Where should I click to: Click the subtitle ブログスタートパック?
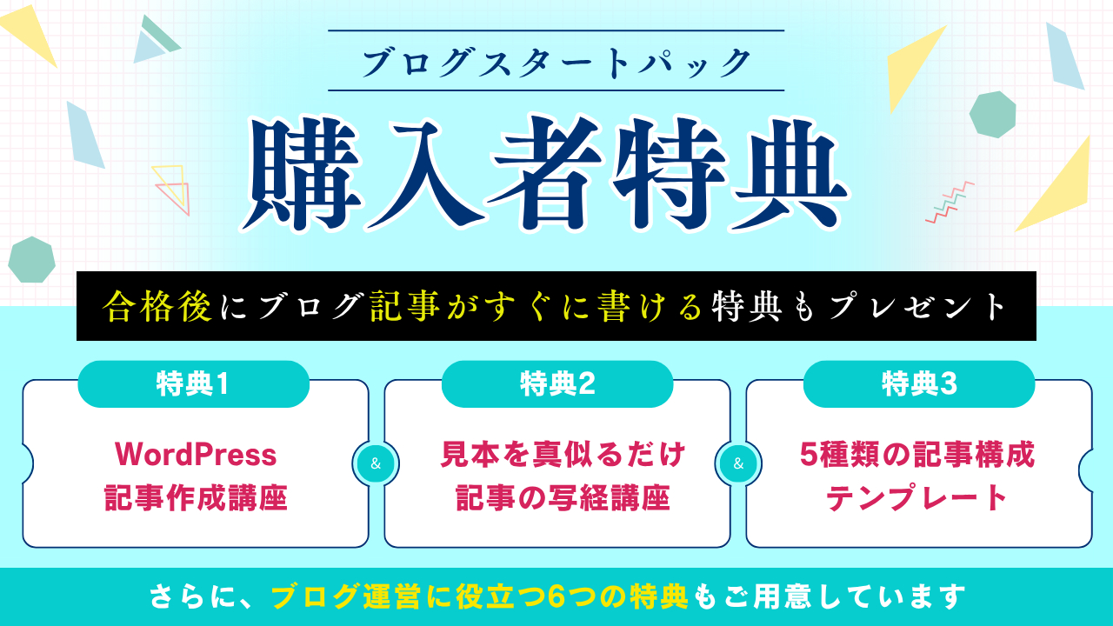[x=556, y=62]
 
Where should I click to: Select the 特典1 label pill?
[x=193, y=384]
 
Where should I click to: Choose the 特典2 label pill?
[x=557, y=384]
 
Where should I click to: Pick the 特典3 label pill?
[x=919, y=384]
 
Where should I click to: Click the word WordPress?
[x=196, y=454]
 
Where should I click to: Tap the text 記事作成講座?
[x=196, y=499]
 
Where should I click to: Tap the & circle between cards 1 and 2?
[x=376, y=463]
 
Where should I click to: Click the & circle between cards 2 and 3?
[x=738, y=463]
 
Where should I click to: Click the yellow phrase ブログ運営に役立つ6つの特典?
[x=480, y=597]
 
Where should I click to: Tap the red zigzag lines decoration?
[x=950, y=203]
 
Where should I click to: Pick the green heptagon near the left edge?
[x=32, y=259]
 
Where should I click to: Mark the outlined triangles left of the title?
[x=171, y=189]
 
